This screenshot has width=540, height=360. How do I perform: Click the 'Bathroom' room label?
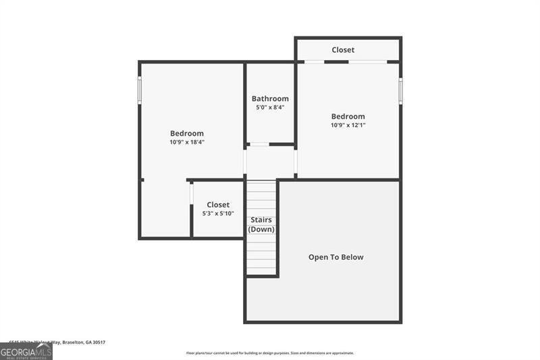[270, 99]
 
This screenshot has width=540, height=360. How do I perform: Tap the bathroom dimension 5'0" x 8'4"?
[270, 108]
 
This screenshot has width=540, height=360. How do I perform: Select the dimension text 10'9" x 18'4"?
[186, 143]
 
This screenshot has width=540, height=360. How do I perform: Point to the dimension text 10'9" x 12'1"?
[348, 125]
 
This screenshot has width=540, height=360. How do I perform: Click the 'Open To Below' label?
[335, 257]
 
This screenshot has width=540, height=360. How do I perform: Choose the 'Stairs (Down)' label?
[261, 224]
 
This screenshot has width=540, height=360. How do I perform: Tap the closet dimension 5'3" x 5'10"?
[218, 213]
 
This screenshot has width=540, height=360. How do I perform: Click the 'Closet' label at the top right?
[343, 50]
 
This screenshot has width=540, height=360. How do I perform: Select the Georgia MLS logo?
[26, 351]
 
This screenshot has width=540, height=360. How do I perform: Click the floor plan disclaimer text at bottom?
[270, 353]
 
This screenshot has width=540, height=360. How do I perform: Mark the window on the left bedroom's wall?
[140, 88]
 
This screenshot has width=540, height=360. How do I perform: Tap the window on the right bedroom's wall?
[400, 91]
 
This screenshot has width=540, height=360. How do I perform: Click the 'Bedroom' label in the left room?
[186, 133]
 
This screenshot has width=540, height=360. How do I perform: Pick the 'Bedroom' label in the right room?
[348, 116]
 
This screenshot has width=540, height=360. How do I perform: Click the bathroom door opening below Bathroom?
[259, 144]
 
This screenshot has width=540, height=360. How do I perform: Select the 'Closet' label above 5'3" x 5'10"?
[218, 205]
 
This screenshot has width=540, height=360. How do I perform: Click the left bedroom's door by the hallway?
[244, 162]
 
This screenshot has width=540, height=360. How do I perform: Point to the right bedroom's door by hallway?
[296, 162]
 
